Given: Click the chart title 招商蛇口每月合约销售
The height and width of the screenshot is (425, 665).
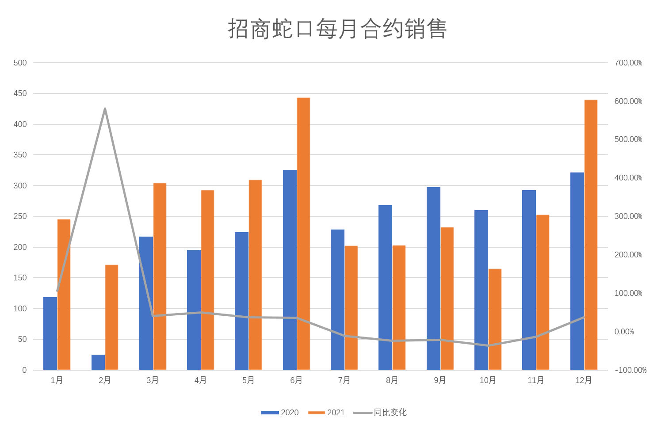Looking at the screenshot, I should pyautogui.click(x=337, y=29).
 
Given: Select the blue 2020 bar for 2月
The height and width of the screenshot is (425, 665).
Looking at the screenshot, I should pyautogui.click(x=98, y=362).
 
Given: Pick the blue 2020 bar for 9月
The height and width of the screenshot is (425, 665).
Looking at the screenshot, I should pyautogui.click(x=433, y=279).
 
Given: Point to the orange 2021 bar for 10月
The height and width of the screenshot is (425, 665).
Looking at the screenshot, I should pyautogui.click(x=495, y=319).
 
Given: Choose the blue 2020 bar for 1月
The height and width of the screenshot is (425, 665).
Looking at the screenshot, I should pyautogui.click(x=50, y=333).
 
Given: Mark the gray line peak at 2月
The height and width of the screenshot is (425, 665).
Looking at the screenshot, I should pyautogui.click(x=105, y=108).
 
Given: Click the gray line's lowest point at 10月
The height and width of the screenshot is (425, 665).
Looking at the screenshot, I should pyautogui.click(x=488, y=345).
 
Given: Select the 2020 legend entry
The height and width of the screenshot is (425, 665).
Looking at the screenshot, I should pyautogui.click(x=280, y=413).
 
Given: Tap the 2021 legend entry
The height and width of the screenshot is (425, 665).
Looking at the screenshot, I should pyautogui.click(x=327, y=413).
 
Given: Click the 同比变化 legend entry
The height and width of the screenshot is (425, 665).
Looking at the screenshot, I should pyautogui.click(x=380, y=413).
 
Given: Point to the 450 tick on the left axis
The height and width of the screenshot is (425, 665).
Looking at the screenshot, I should pyautogui.click(x=20, y=93).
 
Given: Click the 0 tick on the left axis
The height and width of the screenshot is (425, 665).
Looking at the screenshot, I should pyautogui.click(x=24, y=370).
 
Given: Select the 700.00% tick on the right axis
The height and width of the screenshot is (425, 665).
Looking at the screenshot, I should pyautogui.click(x=628, y=63).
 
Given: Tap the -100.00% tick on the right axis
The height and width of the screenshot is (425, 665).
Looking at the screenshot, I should pyautogui.click(x=630, y=370).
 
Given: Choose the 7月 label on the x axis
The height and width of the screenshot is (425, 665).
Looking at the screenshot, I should pyautogui.click(x=344, y=380).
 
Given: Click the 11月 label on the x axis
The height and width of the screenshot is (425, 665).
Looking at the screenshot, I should pyautogui.click(x=535, y=380).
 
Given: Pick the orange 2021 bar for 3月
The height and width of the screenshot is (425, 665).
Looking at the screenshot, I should pyautogui.click(x=160, y=276).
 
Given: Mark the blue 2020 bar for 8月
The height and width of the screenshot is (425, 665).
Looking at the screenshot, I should pyautogui.click(x=385, y=287).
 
